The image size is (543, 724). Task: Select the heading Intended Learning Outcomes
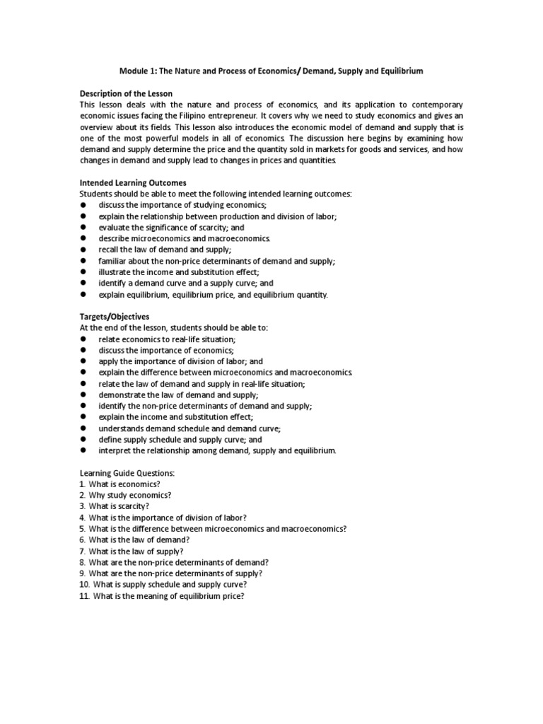coord(133,183)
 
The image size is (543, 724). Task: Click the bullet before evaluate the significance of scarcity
coord(83,228)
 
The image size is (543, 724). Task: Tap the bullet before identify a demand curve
coord(83,284)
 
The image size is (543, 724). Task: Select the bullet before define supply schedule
coord(83,439)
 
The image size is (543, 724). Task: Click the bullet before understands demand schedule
coord(83,428)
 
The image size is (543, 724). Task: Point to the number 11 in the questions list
coord(83,595)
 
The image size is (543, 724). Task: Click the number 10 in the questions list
coord(83,584)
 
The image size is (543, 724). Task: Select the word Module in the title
coord(131,72)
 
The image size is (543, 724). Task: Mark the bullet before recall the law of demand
coord(83,250)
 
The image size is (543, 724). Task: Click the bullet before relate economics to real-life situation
coord(83,339)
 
